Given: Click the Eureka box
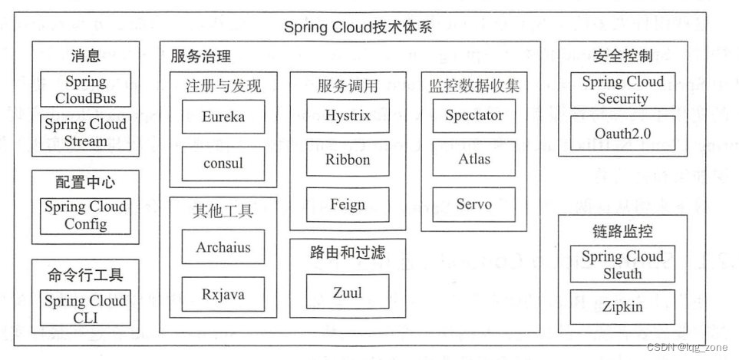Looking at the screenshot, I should pos(223,117).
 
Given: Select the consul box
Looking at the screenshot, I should pos(223,163).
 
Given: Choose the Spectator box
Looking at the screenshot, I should pos(474,116).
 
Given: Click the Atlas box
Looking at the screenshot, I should pos(474,160).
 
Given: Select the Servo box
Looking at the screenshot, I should pos(474,205).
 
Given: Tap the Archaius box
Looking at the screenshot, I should pos(223,248).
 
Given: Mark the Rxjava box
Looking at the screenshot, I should pos(223,294).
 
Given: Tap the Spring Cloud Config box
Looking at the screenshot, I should pos(85,216).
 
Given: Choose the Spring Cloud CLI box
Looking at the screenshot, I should pos(85,309).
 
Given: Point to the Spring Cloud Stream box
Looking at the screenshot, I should pos(85,132).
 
